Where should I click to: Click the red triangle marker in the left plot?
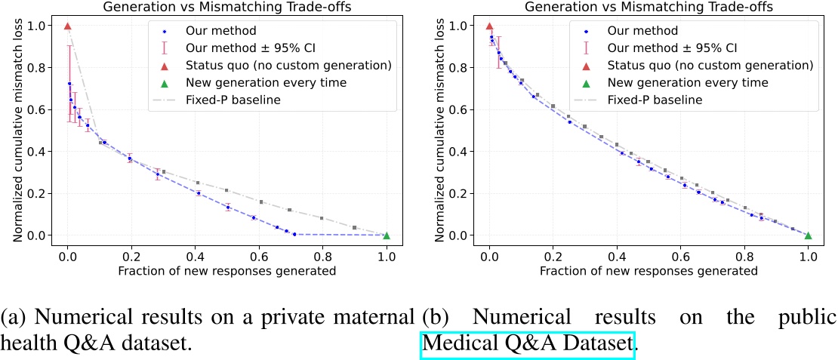pos(67,26)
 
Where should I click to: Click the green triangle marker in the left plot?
pos(387,235)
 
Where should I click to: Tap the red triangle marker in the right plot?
pos(489,26)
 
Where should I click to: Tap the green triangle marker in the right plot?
pos(808,235)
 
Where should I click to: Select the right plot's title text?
pos(649,7)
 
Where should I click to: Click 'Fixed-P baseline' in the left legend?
pos(235,100)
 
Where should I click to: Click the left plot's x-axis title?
pos(226,270)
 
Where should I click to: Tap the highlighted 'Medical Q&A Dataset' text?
pos(528,344)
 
